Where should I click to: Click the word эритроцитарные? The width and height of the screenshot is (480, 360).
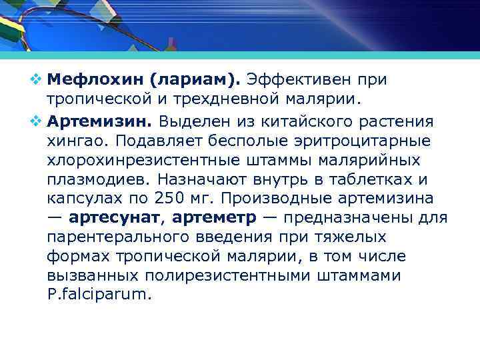coord(373,141)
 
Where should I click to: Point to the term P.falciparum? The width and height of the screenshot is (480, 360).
coord(100,294)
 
